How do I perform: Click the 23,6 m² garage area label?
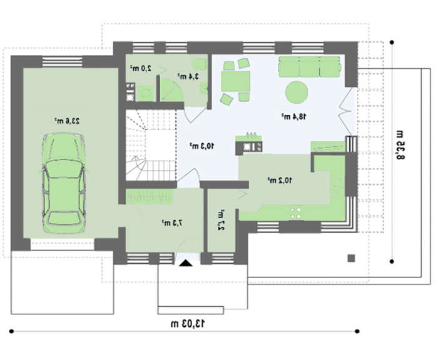point(67,121)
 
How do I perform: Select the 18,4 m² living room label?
point(293,116)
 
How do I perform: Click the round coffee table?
point(297,92)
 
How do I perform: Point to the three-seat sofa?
point(310,66)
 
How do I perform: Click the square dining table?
point(235,81)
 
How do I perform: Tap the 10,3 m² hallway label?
point(202,146)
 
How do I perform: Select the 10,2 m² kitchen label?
point(280,180)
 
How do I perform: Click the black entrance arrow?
point(186,263)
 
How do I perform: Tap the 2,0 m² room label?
point(141,68)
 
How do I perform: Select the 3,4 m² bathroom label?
point(188,76)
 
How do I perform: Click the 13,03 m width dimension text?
point(188,324)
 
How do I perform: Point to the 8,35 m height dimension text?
point(400,145)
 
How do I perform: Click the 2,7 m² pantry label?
point(222,219)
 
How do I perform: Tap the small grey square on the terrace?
point(351,258)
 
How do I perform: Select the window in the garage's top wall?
point(63,62)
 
